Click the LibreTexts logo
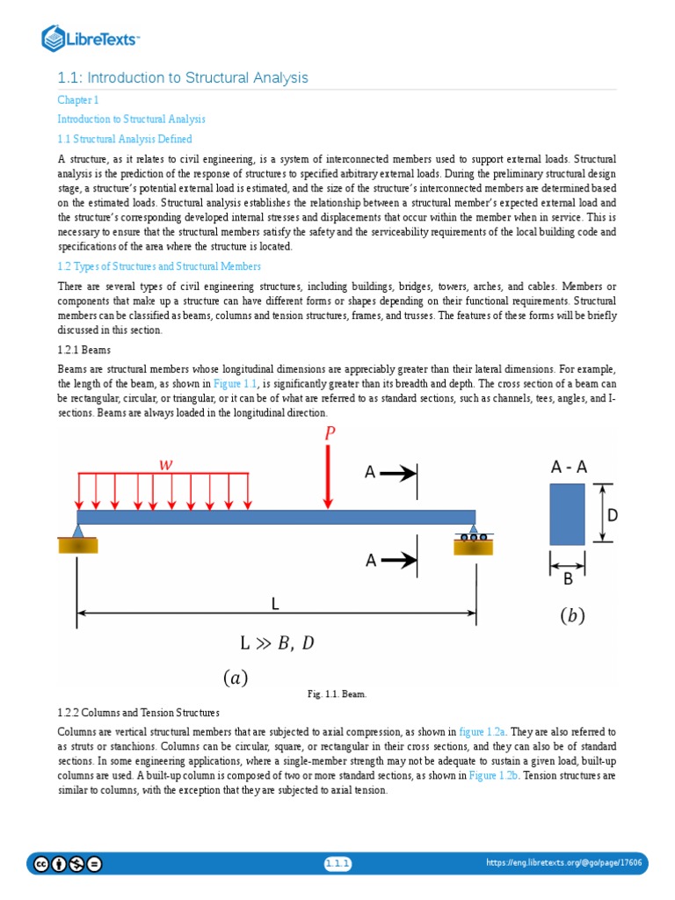click(x=91, y=38)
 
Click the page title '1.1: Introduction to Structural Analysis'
click(x=183, y=78)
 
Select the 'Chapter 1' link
click(x=78, y=100)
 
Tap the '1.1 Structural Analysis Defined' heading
click(x=125, y=139)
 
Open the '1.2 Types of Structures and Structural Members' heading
click(x=159, y=265)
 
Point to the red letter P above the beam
click(x=330, y=433)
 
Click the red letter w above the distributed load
click(x=165, y=464)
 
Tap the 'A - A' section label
click(x=569, y=468)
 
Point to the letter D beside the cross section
click(x=613, y=515)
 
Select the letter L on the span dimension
click(x=274, y=604)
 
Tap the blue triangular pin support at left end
click(x=78, y=530)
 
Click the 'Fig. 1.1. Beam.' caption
click(x=337, y=693)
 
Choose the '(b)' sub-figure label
click(x=571, y=616)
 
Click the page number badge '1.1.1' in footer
click(x=337, y=864)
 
